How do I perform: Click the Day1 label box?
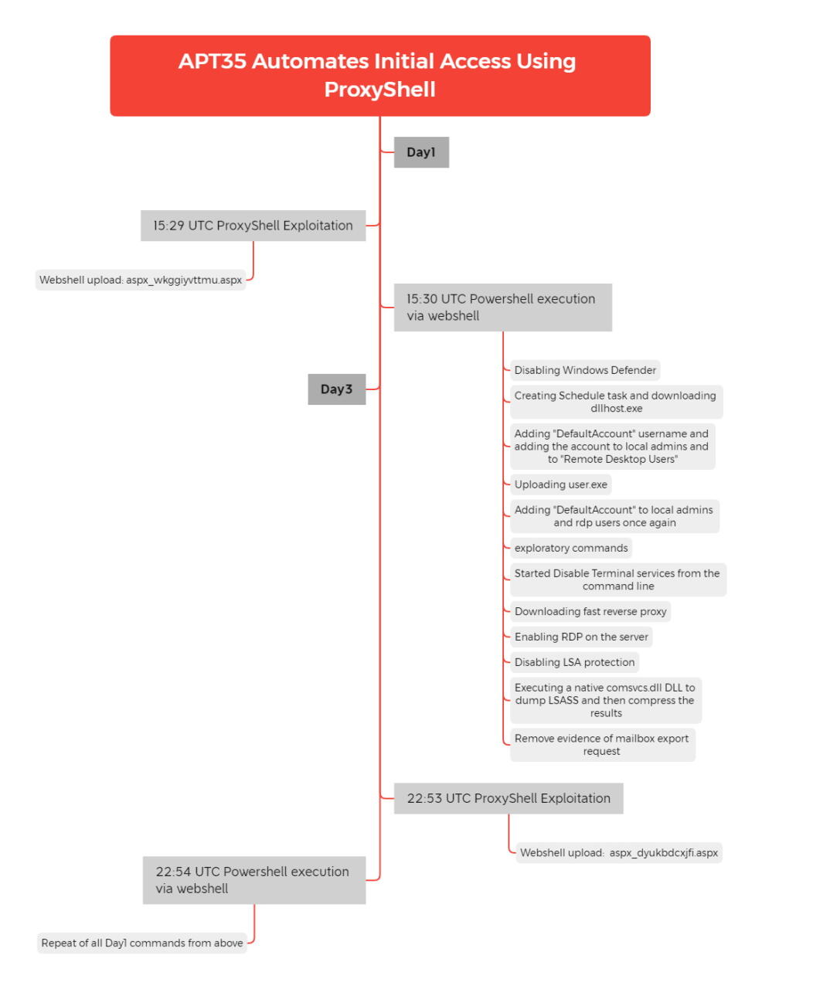(x=421, y=152)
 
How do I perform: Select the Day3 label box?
(x=336, y=389)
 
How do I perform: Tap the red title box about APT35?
(x=380, y=76)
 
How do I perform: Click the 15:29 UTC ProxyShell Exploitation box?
(x=253, y=225)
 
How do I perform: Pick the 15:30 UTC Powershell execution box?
(x=502, y=308)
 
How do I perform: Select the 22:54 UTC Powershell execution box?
(x=253, y=880)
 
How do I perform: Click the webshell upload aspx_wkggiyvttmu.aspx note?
(x=141, y=280)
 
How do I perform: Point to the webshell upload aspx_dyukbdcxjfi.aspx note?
(x=618, y=852)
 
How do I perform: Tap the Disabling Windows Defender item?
(x=584, y=369)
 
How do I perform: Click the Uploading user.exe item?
(x=560, y=484)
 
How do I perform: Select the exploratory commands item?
(x=570, y=547)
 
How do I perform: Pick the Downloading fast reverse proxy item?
(x=590, y=610)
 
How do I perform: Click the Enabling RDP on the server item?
(x=581, y=636)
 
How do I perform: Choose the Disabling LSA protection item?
(x=574, y=661)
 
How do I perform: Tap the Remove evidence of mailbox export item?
(x=602, y=744)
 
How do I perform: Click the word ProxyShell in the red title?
(x=380, y=89)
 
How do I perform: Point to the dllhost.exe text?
(x=616, y=408)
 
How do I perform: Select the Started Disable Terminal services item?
(x=617, y=579)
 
